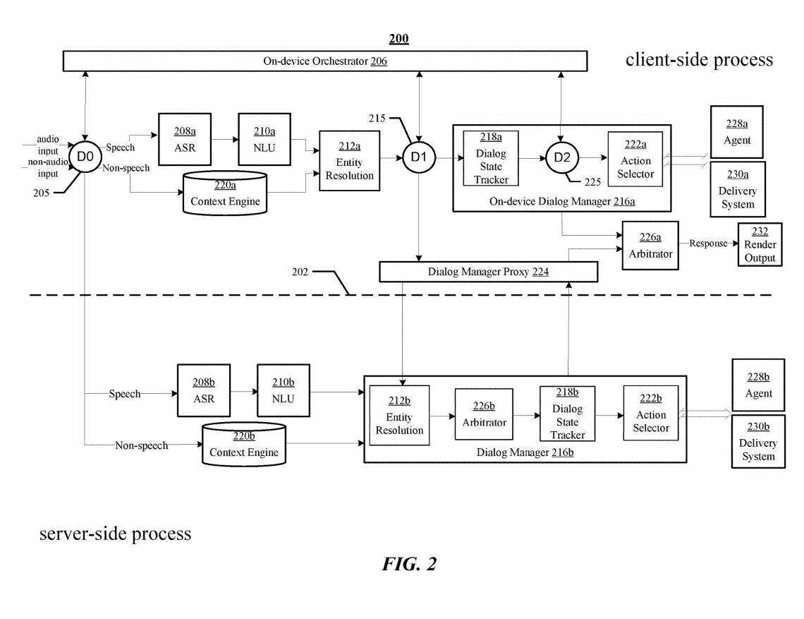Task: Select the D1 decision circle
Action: coord(419,156)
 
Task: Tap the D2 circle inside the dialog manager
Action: coord(561,156)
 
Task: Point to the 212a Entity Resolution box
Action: coord(349,160)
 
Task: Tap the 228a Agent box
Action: coord(736,131)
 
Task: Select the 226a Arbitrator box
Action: coord(650,245)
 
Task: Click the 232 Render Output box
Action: coord(760,244)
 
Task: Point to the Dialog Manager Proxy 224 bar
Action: coord(488,272)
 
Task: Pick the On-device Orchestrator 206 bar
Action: coord(325,61)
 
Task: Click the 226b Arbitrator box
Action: coord(483,414)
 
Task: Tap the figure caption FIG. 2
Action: coord(410,563)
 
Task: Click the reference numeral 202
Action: coord(300,271)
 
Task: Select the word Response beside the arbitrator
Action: coord(707,244)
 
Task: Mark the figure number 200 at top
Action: coord(399,39)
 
